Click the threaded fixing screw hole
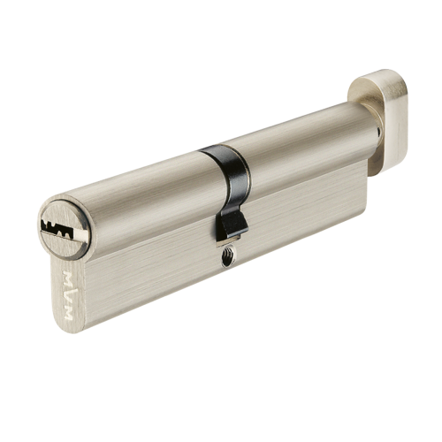click(x=227, y=257)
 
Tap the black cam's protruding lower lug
click(x=232, y=225)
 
